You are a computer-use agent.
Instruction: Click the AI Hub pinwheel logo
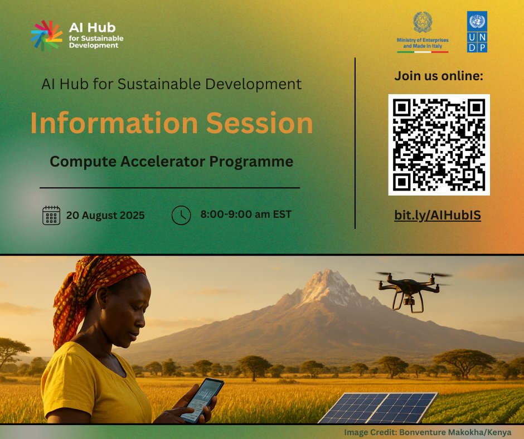[x=46, y=36]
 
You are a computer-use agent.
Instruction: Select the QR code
[x=439, y=144]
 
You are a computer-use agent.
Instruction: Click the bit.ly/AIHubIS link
[x=438, y=216]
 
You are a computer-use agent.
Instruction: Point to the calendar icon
[x=51, y=215]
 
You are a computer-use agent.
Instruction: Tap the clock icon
[x=181, y=215]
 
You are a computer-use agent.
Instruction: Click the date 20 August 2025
[x=105, y=215]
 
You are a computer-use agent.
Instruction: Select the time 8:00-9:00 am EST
[x=246, y=214]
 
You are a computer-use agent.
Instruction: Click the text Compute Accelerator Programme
[x=171, y=162]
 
